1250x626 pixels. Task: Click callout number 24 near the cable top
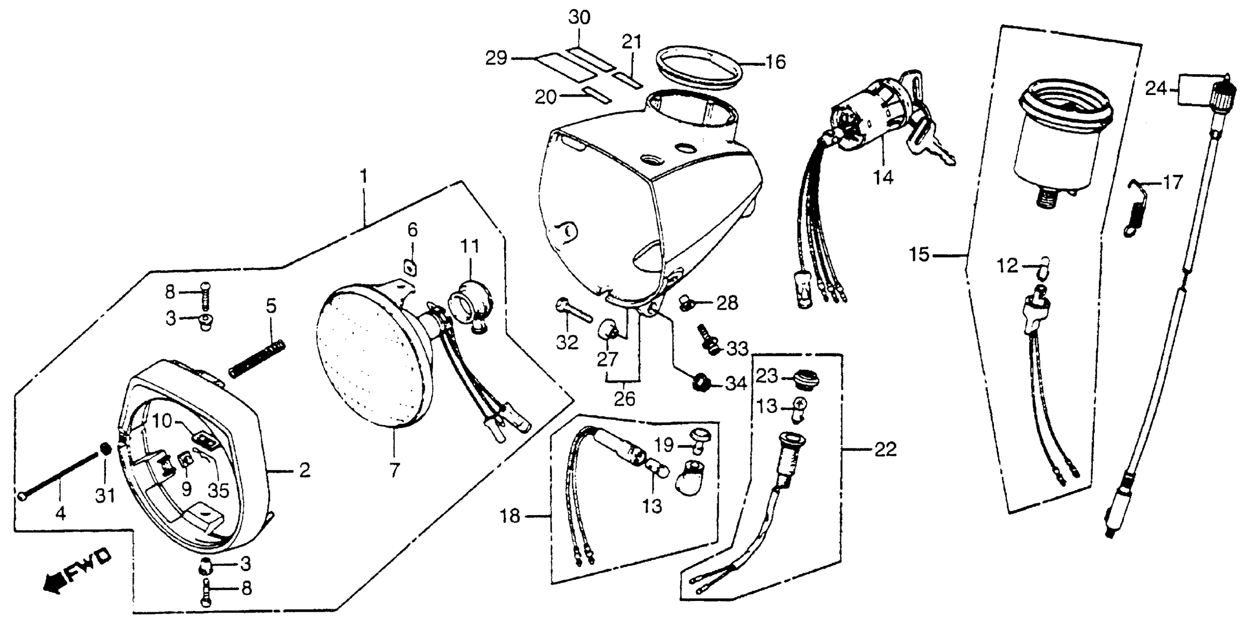tap(1156, 89)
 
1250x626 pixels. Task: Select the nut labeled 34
tap(700, 383)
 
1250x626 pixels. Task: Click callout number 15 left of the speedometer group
tap(919, 254)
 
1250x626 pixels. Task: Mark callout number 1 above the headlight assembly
tap(363, 177)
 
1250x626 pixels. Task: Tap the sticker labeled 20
tap(597, 108)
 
